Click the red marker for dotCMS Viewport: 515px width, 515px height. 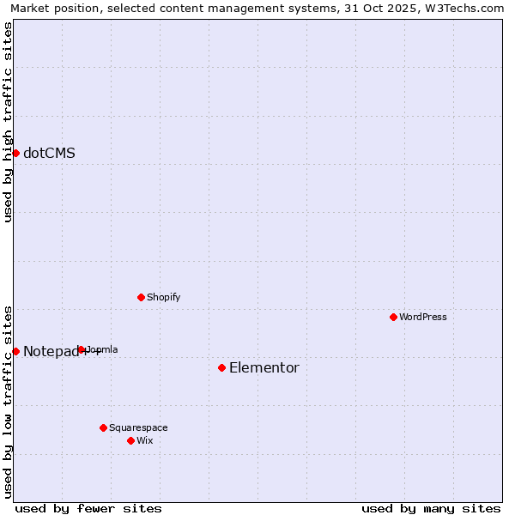tap(15, 153)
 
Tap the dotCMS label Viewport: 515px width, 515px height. tap(49, 154)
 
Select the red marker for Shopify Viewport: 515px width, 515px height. tap(141, 297)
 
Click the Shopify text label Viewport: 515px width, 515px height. tap(163, 298)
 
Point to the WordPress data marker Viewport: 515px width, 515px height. tap(393, 317)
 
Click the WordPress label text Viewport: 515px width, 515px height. tap(423, 318)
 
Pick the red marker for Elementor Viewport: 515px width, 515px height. tap(221, 367)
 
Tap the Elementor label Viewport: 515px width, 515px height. tap(264, 368)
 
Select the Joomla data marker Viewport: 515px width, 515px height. tap(82, 349)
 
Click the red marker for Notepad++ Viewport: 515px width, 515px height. tap(15, 351)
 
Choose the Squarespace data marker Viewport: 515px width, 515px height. tap(103, 427)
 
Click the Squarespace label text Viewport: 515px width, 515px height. tap(138, 428)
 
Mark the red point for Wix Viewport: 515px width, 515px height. tap(130, 440)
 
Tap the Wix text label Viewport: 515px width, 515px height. tap(145, 441)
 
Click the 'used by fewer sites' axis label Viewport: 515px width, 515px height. tap(88, 508)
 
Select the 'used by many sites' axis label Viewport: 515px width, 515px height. tap(431, 508)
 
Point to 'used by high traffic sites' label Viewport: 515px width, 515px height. tap(9, 122)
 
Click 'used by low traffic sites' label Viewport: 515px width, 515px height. tap(9, 402)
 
